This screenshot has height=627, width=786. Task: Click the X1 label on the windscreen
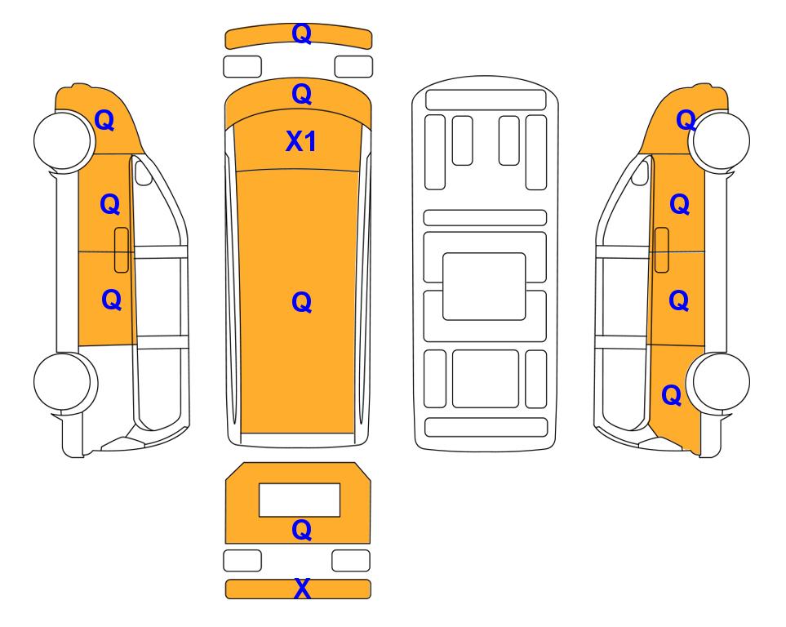(x=300, y=141)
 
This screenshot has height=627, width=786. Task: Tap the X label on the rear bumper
(x=302, y=589)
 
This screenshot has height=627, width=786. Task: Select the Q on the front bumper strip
(x=302, y=34)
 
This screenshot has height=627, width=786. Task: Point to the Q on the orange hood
(x=302, y=95)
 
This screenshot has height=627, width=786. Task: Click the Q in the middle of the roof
(x=302, y=302)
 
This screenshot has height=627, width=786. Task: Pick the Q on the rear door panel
(x=302, y=530)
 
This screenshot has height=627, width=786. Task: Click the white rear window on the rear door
(x=300, y=500)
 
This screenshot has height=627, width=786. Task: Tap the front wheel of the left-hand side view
(x=64, y=140)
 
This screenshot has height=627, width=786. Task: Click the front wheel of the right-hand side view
(x=719, y=140)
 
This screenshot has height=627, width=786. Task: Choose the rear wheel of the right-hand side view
(x=718, y=382)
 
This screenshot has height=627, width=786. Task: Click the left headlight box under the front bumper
(x=242, y=67)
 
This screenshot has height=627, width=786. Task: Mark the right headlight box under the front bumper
(x=353, y=67)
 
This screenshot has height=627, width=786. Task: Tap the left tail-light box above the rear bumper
(x=242, y=560)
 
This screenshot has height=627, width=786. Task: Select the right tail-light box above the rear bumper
(x=351, y=560)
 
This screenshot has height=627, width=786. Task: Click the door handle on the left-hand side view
(x=122, y=250)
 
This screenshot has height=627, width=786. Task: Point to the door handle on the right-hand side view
(x=662, y=250)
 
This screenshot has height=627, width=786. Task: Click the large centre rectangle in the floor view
(x=484, y=287)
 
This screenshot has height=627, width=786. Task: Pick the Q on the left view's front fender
(x=104, y=120)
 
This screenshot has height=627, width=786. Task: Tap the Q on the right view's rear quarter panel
(x=672, y=395)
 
